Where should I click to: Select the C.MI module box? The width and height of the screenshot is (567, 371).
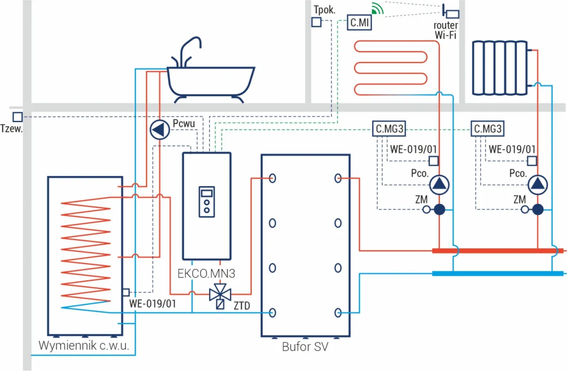(359, 22)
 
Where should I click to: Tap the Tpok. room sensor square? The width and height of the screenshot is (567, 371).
(316, 22)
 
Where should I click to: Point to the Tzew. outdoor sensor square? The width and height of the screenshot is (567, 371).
(17, 117)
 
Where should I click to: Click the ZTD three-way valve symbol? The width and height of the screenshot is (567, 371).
(220, 293)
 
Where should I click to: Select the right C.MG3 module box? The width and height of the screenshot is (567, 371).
(488, 129)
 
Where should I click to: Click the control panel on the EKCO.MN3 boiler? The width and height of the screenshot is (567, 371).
(206, 201)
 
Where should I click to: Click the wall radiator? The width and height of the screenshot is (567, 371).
(501, 67)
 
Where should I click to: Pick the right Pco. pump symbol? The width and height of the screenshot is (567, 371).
(538, 184)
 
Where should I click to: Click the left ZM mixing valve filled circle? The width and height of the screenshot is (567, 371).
(439, 209)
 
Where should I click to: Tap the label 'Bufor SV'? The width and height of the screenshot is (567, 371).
(305, 347)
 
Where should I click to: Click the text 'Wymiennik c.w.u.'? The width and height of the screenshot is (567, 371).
(84, 345)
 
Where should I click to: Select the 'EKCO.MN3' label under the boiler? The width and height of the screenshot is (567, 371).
(206, 273)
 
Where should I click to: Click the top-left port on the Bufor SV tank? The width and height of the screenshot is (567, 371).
(272, 178)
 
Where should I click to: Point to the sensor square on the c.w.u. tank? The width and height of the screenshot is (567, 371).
(126, 292)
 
